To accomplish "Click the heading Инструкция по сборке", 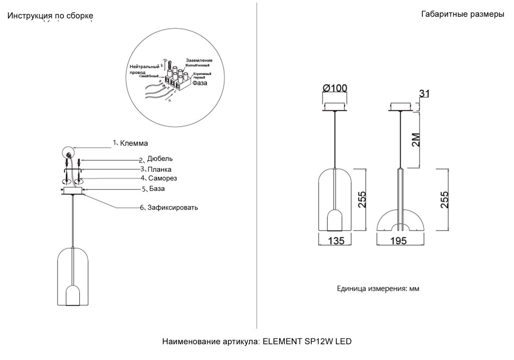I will [51, 16].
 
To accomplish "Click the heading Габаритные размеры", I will [463, 14].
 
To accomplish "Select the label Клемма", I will [134, 143].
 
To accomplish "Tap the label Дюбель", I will [160, 159].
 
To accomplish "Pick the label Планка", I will [159, 169].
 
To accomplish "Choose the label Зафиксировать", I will [172, 208].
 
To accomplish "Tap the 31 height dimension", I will [425, 93].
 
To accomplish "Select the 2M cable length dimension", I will [415, 140].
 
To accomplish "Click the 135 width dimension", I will [336, 241].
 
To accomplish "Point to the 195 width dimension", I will [399, 241].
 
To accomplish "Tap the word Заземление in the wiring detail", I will [199, 60].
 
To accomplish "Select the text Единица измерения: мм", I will [377, 288].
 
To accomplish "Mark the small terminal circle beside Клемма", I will [69, 152].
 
